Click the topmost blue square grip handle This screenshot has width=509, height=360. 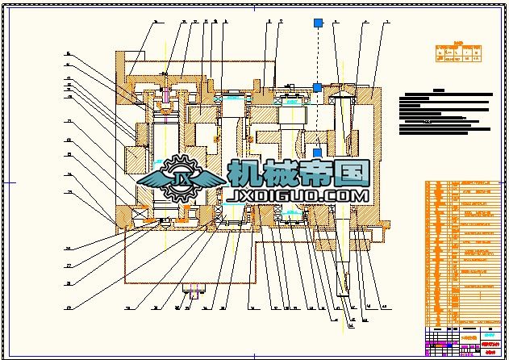(x=318, y=23)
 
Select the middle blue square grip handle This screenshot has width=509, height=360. (x=317, y=87)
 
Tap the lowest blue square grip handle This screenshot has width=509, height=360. (x=317, y=152)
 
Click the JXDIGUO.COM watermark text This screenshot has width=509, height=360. (x=299, y=196)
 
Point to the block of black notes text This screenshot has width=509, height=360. (x=444, y=113)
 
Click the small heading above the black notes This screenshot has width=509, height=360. (x=439, y=90)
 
